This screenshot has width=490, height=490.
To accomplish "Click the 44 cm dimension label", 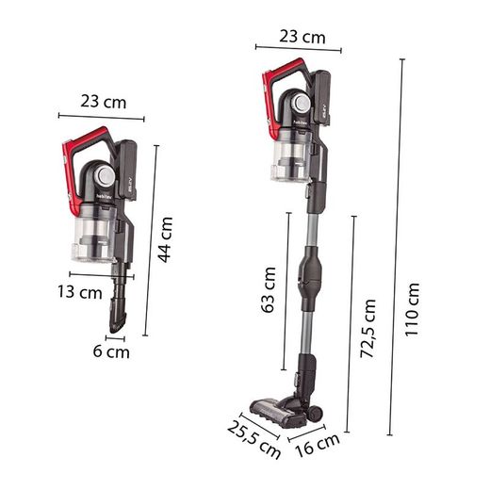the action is (165, 239).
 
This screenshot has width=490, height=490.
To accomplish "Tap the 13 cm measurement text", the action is (80, 292).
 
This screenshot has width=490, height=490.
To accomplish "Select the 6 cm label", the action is (111, 351).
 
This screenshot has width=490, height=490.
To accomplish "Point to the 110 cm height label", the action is (412, 310).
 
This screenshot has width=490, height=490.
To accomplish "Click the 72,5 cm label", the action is (367, 328).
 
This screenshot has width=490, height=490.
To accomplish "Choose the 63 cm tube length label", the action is (269, 289).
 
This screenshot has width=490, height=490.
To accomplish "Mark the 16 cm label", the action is (318, 445).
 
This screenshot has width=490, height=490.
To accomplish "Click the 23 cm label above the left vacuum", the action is (104, 102).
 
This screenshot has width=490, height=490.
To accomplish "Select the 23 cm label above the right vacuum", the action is (302, 37).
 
